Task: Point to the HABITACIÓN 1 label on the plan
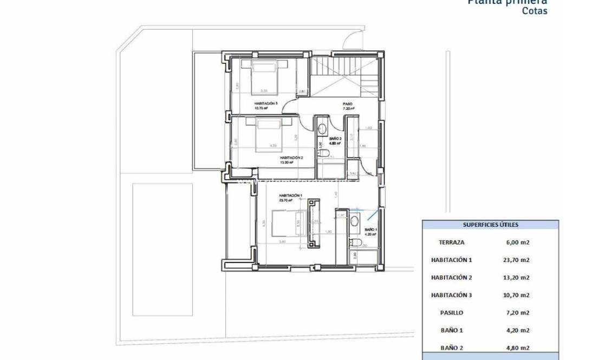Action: [290, 195]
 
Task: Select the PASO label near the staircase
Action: [348, 104]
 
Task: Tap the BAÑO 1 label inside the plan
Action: [370, 230]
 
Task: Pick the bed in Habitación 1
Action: [285, 224]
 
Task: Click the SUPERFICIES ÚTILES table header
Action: [490, 225]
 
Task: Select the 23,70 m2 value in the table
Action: [516, 260]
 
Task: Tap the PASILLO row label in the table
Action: [452, 312]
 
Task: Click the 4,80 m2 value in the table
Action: [516, 348]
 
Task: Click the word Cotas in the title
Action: [534, 10]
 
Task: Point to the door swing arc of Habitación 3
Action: [291, 106]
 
